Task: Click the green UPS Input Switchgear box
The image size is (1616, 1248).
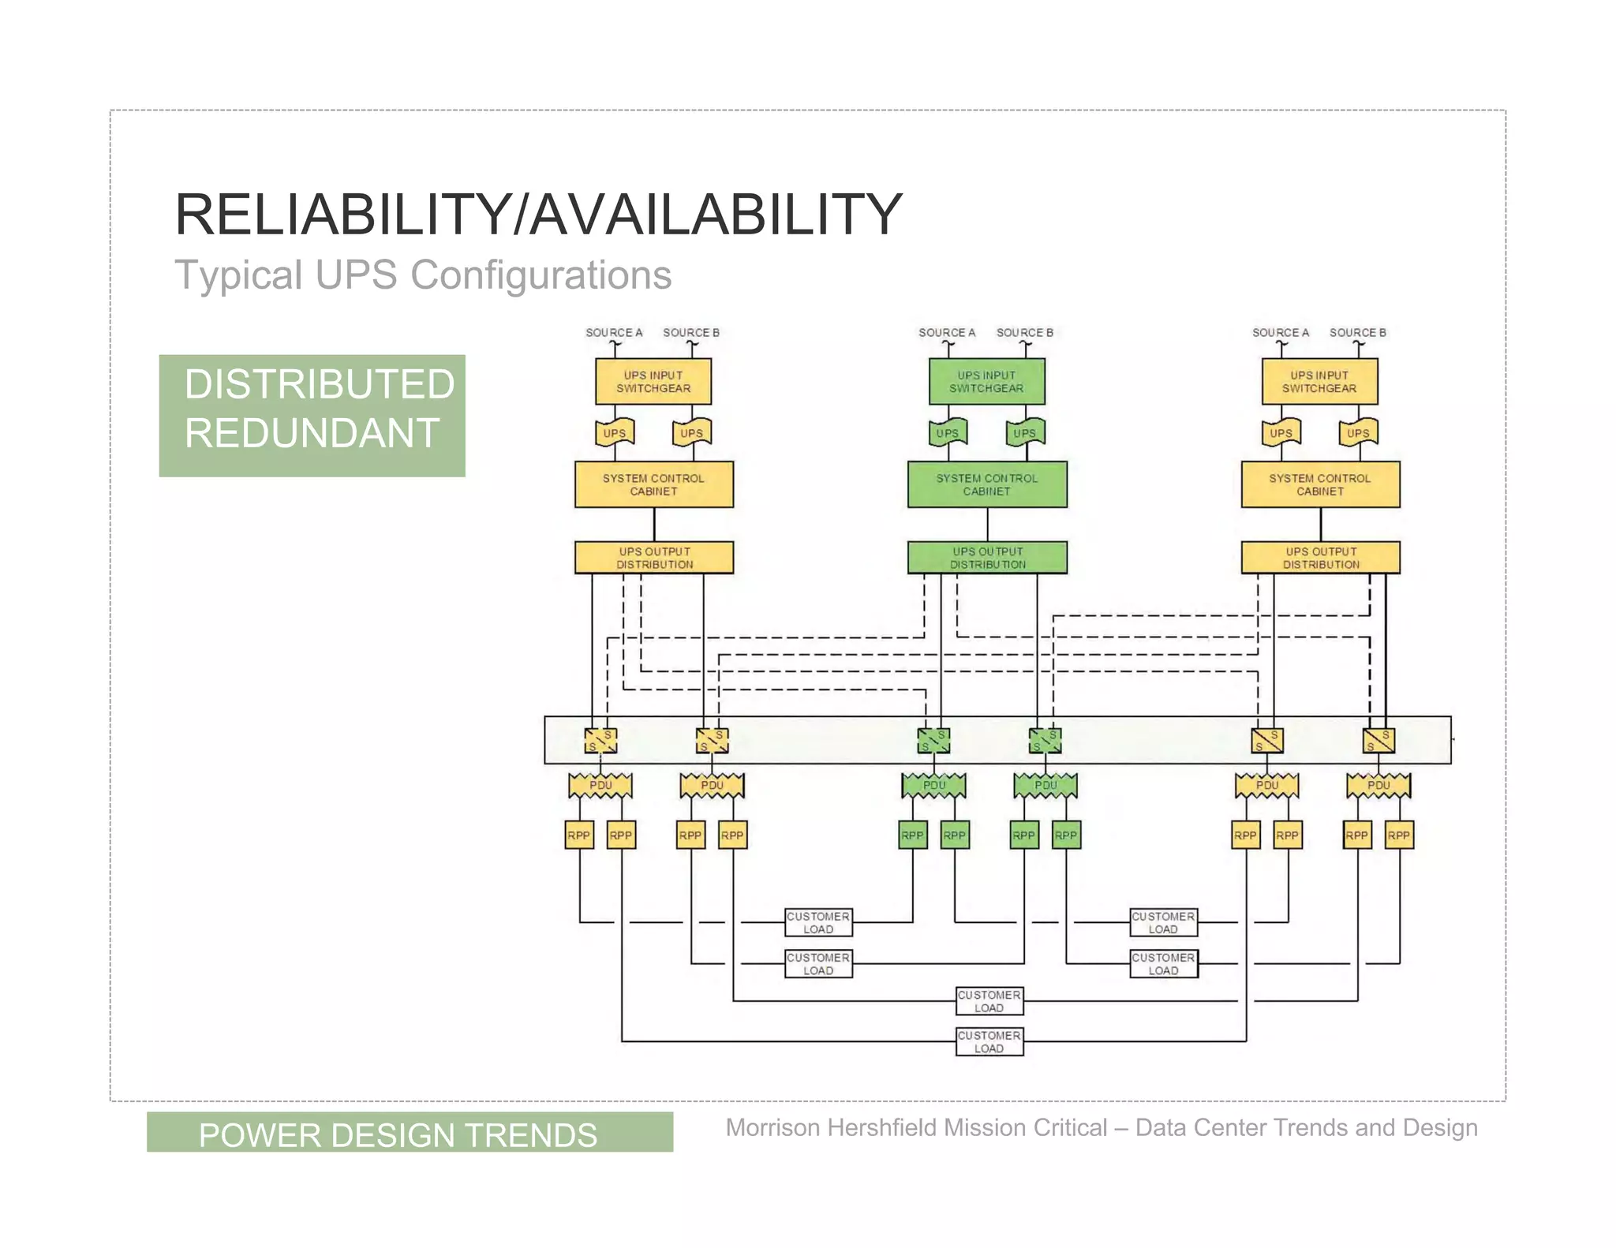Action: click(x=986, y=382)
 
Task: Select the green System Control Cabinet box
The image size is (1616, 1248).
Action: click(x=986, y=484)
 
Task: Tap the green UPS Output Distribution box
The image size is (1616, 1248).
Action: click(x=987, y=558)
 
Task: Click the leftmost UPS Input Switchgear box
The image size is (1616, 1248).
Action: click(x=653, y=382)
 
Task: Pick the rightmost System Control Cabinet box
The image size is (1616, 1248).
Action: click(x=1320, y=484)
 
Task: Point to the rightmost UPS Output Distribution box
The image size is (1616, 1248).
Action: click(x=1320, y=558)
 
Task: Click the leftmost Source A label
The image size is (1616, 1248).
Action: click(x=613, y=333)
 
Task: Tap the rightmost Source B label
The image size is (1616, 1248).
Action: click(x=1357, y=333)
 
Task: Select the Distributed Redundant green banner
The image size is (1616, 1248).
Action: click(x=312, y=416)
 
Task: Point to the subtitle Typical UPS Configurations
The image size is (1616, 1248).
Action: click(x=423, y=275)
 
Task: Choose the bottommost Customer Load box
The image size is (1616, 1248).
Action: click(x=989, y=1041)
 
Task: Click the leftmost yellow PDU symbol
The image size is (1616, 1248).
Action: click(x=600, y=786)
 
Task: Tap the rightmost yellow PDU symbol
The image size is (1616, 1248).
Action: click(x=1378, y=786)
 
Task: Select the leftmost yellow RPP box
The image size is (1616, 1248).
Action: click(x=578, y=835)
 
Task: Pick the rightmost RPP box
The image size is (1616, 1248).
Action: click(x=1399, y=835)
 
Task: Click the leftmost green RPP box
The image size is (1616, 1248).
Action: click(x=912, y=835)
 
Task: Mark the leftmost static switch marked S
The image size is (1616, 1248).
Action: click(x=600, y=741)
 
